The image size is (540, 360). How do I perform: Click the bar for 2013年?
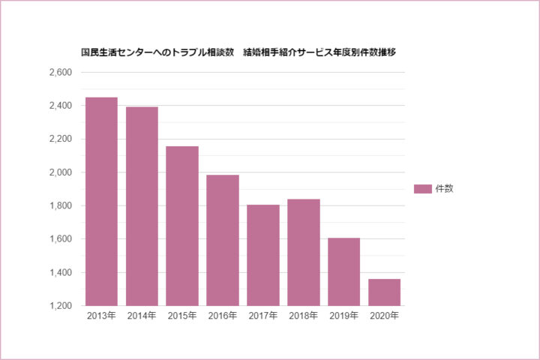pyautogui.click(x=101, y=202)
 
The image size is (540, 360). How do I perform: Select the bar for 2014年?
pyautogui.click(x=142, y=206)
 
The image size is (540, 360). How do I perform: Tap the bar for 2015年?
pyautogui.click(x=182, y=226)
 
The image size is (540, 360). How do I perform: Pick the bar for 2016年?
pyautogui.click(x=223, y=240)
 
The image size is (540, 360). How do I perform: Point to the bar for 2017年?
pyautogui.click(x=263, y=255)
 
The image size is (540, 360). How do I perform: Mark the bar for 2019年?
pyautogui.click(x=344, y=271)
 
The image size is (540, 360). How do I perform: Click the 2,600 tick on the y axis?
pyautogui.click(x=58, y=73)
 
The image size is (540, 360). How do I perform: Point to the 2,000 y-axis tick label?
pyautogui.click(x=58, y=172)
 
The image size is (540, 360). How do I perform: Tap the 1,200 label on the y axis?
pyautogui.click(x=58, y=306)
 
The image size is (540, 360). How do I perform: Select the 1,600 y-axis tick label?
pyautogui.click(x=58, y=239)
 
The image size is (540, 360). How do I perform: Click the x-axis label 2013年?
pyautogui.click(x=101, y=316)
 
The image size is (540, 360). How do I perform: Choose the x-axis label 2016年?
pyautogui.click(x=223, y=316)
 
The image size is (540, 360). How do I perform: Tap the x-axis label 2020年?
pyautogui.click(x=385, y=316)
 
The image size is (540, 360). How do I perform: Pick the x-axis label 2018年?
pyautogui.click(x=304, y=316)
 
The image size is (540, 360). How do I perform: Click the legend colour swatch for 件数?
pyautogui.click(x=423, y=189)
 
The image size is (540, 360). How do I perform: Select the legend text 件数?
pyautogui.click(x=445, y=189)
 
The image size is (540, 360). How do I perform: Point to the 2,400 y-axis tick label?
pyautogui.click(x=58, y=106)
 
